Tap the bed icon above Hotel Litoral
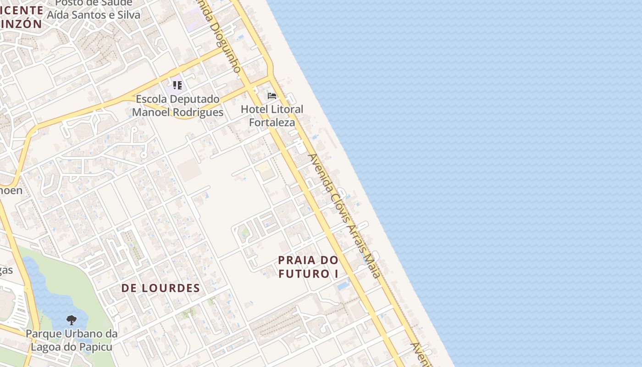[272, 96]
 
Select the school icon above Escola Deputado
[177, 85]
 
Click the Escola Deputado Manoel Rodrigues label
[178, 106]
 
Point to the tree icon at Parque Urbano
[71, 320]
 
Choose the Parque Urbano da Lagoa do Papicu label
[72, 340]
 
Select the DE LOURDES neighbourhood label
[160, 288]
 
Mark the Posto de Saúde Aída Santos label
[94, 9]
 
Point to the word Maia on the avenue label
[371, 265]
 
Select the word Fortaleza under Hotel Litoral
[272, 122]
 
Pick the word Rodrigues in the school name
[200, 112]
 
